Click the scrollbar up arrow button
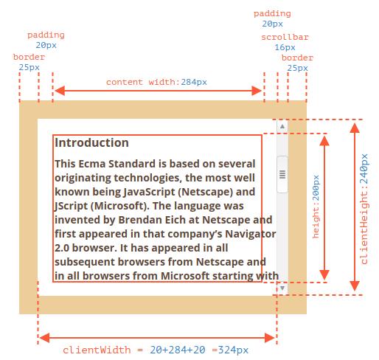point(282,126)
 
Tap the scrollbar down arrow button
point(282,288)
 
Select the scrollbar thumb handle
point(282,174)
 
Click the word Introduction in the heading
point(91,142)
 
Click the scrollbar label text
point(285,37)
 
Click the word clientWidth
point(97,350)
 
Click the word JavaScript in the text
point(149,192)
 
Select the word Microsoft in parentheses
point(119,206)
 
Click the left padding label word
point(46,35)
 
